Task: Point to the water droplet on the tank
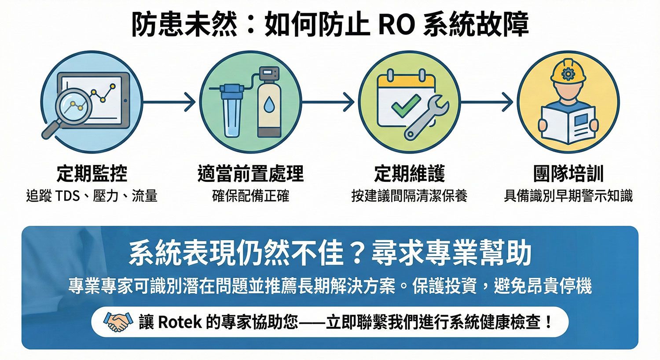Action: [x=269, y=104]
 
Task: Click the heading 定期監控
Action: [x=92, y=173]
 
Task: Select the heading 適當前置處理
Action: [x=250, y=173]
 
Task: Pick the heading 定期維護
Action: [x=409, y=173]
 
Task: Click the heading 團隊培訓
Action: [x=568, y=173]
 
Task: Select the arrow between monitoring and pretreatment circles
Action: [x=169, y=102]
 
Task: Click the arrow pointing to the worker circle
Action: [x=487, y=102]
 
